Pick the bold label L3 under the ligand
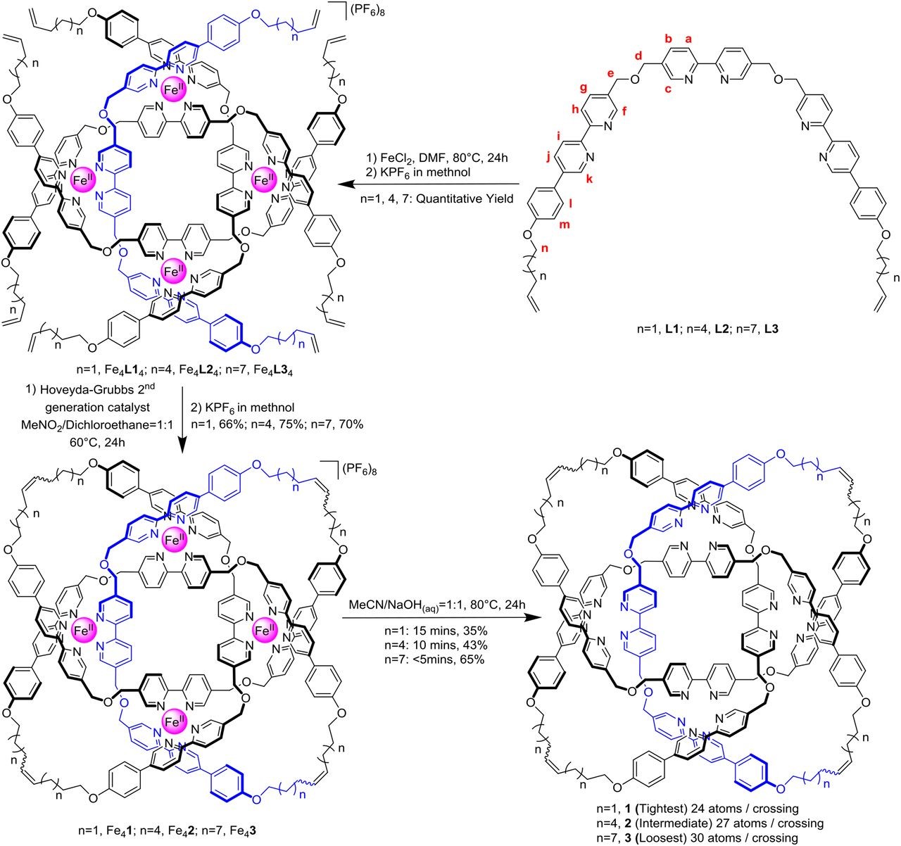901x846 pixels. point(719,329)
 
